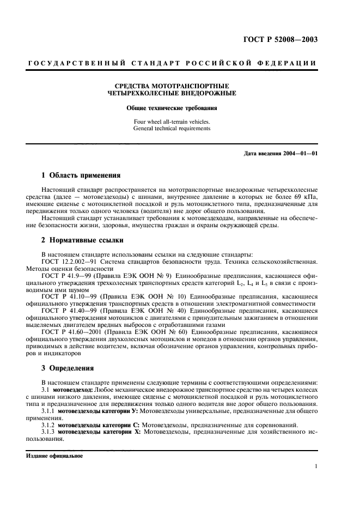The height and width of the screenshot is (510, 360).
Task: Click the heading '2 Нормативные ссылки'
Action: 82,240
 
